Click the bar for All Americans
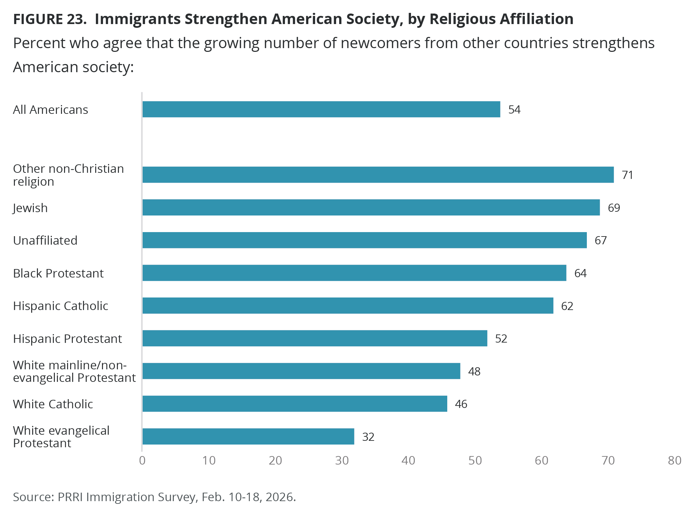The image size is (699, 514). pyautogui.click(x=321, y=109)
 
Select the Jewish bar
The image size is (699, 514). pyautogui.click(x=371, y=207)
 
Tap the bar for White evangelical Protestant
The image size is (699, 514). pyautogui.click(x=248, y=436)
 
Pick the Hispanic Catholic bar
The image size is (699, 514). pyautogui.click(x=348, y=306)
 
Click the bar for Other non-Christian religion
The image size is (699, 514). pyautogui.click(x=378, y=175)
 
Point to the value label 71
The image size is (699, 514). pyautogui.click(x=628, y=175)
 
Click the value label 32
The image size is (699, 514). pyautogui.click(x=368, y=437)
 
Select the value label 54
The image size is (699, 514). pyautogui.click(x=514, y=110)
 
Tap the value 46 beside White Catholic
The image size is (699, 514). pyautogui.click(x=461, y=404)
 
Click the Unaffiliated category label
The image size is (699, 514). pyautogui.click(x=45, y=241)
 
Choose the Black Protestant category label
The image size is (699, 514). pyautogui.click(x=58, y=273)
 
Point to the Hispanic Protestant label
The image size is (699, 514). pyautogui.click(x=67, y=339)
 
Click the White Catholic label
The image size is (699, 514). pyautogui.click(x=53, y=404)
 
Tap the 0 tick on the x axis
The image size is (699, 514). pyautogui.click(x=142, y=460)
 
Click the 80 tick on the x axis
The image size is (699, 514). pyautogui.click(x=675, y=460)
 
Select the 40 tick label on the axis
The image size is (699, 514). pyautogui.click(x=408, y=460)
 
